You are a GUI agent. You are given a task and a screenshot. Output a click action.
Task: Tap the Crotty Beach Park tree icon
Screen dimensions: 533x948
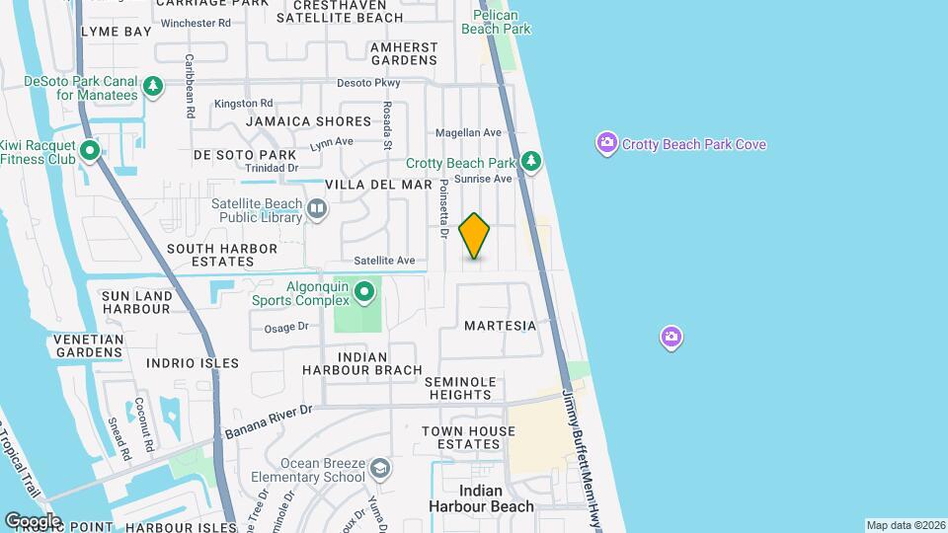(531, 160)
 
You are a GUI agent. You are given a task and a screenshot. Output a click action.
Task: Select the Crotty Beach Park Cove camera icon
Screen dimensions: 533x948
(607, 144)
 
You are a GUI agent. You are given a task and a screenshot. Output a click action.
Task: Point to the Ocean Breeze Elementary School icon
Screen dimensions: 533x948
(381, 468)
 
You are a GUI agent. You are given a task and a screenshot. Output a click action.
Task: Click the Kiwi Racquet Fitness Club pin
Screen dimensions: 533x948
(90, 151)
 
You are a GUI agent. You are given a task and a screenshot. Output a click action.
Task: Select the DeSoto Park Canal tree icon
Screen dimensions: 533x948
(153, 87)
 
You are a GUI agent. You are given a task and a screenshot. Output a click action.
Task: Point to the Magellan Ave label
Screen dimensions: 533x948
(469, 133)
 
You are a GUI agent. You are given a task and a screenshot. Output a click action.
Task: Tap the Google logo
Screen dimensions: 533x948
(32, 520)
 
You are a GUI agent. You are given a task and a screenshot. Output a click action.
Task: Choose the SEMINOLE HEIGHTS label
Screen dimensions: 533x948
(457, 388)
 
